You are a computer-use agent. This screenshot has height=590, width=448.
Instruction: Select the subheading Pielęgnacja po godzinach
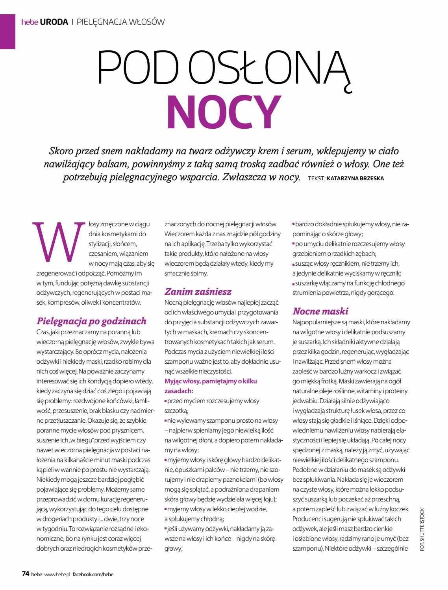[91, 321]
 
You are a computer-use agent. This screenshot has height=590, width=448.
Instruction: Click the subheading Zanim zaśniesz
[198, 292]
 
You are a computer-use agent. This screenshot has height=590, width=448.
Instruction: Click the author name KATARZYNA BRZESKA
[355, 178]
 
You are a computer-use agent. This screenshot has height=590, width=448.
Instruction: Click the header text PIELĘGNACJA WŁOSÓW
[120, 22]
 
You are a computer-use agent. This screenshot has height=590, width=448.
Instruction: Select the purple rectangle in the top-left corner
[7, 25]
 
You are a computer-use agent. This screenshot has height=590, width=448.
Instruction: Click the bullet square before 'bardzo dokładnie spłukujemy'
[293, 224]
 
